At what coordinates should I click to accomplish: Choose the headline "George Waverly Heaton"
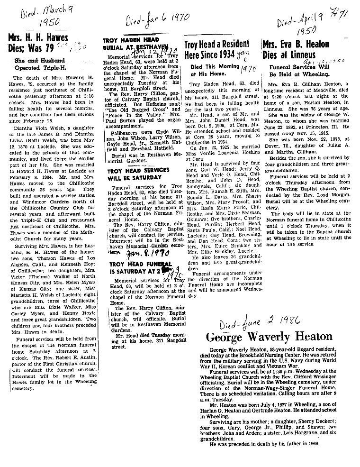[261, 337]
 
